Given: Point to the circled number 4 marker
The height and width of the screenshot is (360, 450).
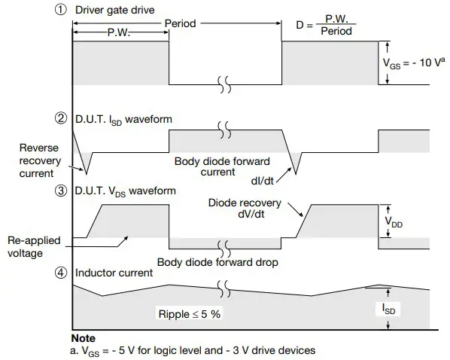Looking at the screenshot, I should click(x=62, y=271).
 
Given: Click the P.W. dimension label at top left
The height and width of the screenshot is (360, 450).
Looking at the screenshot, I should click(x=121, y=34).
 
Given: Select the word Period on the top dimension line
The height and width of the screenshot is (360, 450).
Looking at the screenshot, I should click(x=180, y=23).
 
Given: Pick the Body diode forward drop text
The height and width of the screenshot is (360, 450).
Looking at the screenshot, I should click(x=217, y=262).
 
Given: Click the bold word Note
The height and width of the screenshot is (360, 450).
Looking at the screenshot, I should click(x=83, y=338).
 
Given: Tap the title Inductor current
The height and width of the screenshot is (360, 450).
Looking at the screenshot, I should click(x=114, y=272).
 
